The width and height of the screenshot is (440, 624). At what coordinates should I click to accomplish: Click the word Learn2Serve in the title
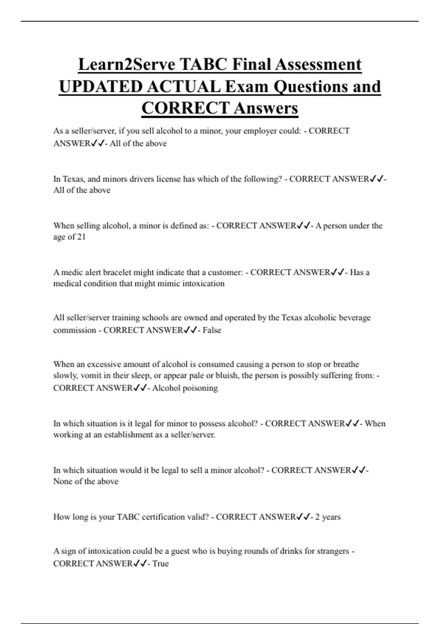coord(126,65)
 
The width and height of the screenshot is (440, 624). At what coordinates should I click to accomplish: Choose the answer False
coord(212,330)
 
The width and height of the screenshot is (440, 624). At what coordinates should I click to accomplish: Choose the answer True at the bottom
coord(160,564)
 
